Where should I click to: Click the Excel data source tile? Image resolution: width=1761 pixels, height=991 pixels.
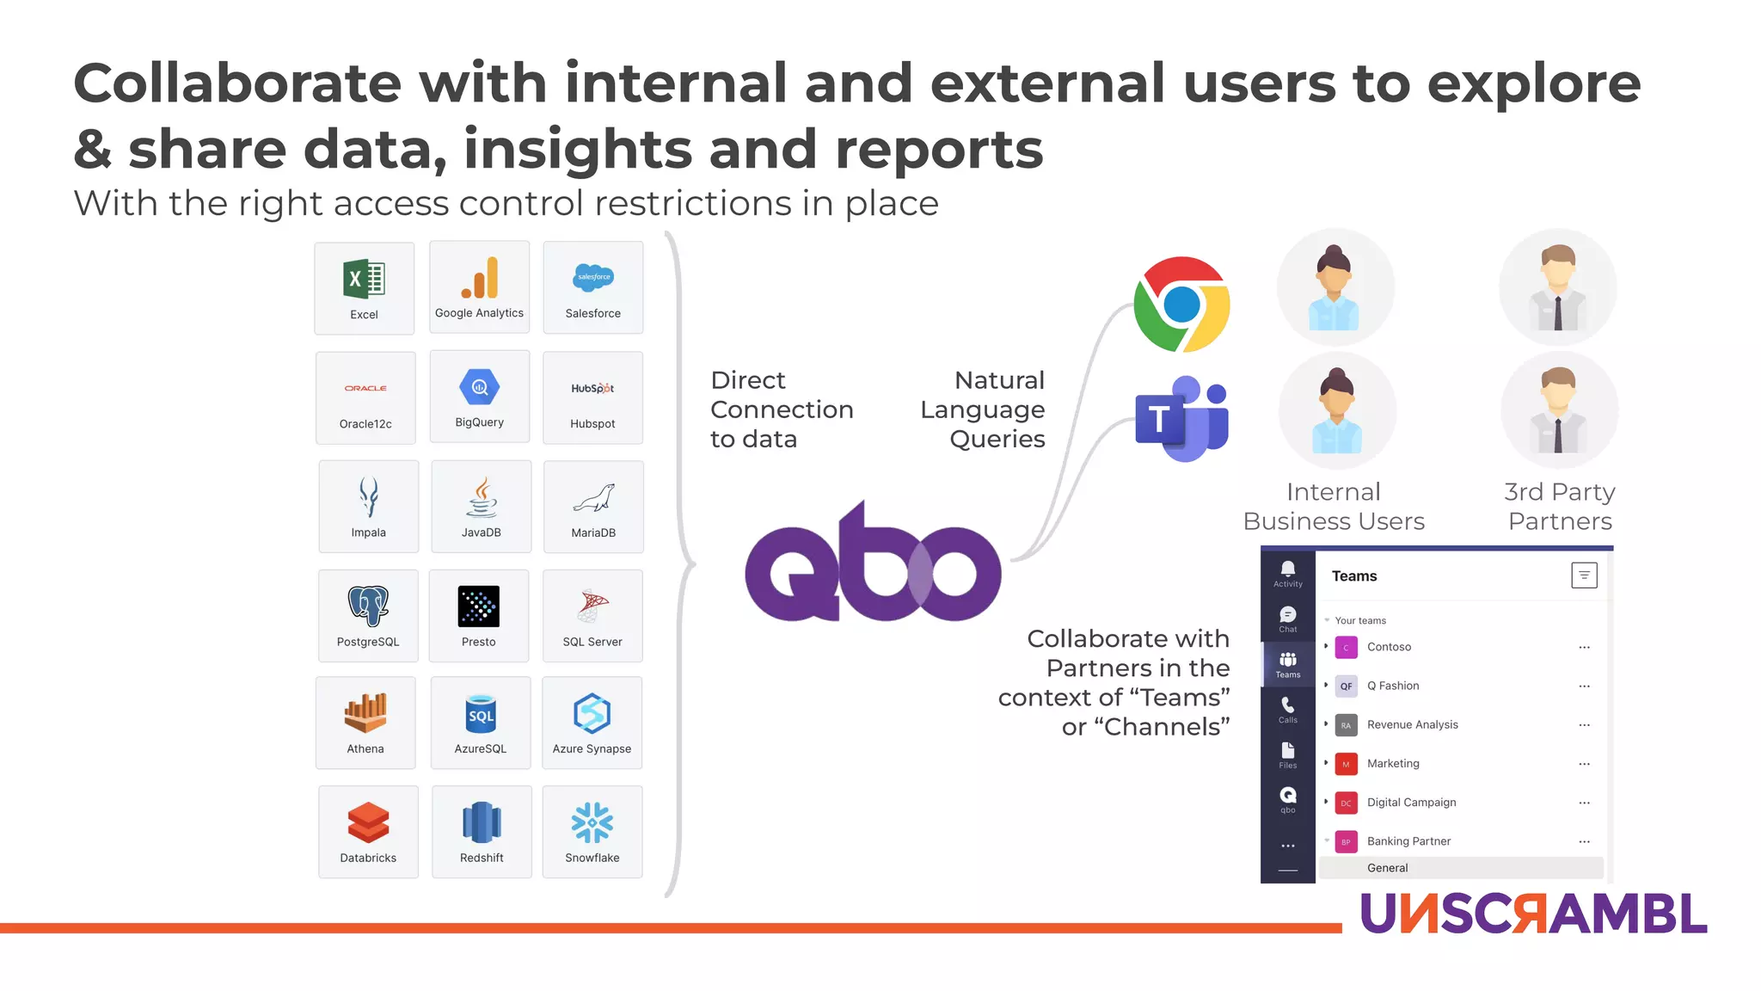point(365,288)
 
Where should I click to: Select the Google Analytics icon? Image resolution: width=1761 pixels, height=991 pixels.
point(480,278)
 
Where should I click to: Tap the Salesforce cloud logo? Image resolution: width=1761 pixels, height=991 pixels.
point(593,277)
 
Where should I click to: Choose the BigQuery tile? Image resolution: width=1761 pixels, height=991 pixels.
point(480,397)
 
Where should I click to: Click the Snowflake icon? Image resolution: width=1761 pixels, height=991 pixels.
point(592,822)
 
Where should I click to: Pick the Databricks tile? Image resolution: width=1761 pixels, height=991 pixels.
point(368,832)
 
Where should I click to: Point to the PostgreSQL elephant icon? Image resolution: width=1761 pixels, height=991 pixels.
point(368,606)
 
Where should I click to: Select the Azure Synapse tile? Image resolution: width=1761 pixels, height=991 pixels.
point(592,723)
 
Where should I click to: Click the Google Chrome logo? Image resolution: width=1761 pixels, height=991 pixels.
point(1181,305)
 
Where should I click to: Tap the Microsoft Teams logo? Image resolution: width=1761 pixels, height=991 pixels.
point(1181,419)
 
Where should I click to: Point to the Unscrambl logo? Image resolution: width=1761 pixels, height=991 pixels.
point(1533,914)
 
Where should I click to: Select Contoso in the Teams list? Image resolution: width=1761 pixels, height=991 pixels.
point(1389,647)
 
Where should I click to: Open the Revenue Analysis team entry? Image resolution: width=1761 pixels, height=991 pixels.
point(1412,724)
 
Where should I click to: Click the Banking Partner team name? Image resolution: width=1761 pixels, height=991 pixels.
point(1408,841)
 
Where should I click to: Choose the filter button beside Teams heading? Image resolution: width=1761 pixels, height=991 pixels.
point(1584,576)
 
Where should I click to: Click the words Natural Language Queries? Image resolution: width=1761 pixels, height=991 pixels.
point(983,409)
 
